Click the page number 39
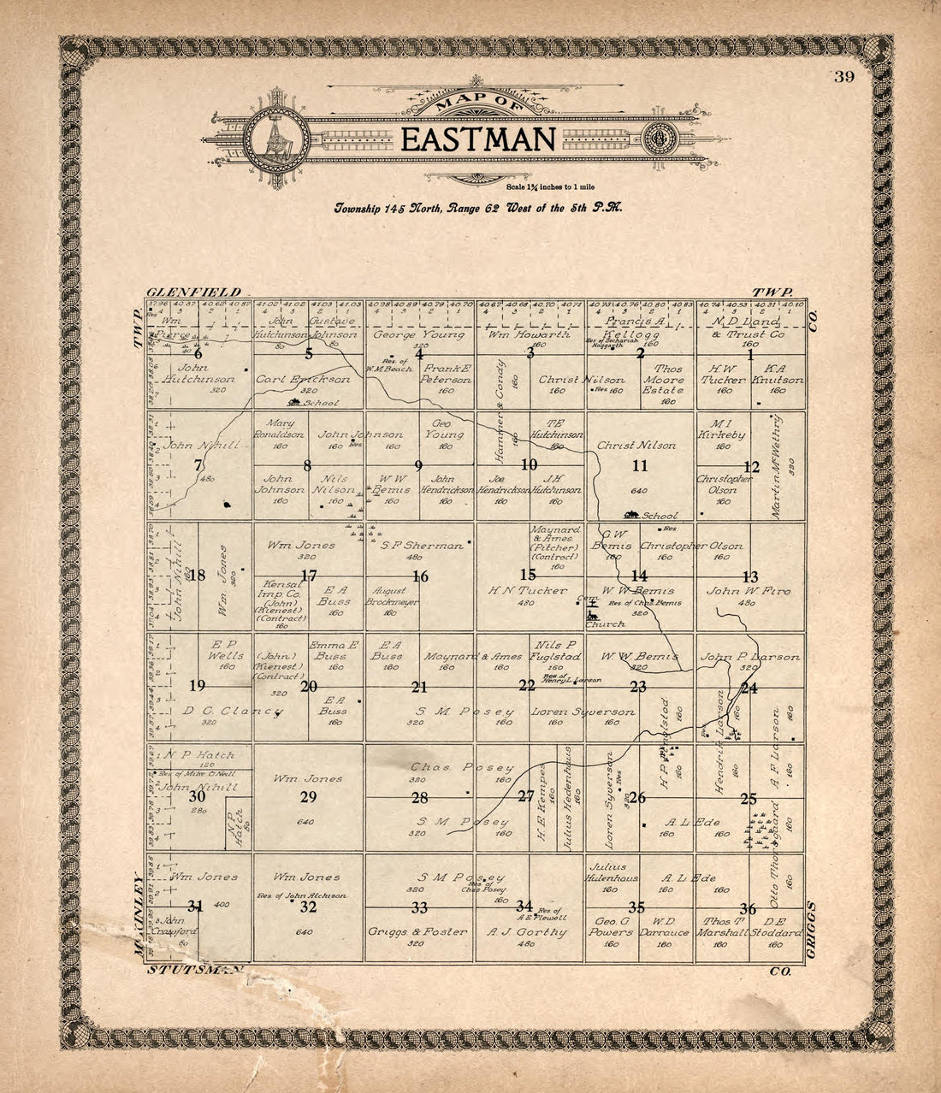[844, 78]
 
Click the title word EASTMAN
[478, 139]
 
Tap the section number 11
[640, 466]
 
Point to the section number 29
[308, 797]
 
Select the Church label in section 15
[605, 624]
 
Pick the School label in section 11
[660, 516]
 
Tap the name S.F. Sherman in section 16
[422, 545]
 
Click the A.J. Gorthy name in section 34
[527, 931]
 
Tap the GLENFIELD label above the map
[193, 292]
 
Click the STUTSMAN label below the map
[196, 970]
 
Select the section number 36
[749, 908]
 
